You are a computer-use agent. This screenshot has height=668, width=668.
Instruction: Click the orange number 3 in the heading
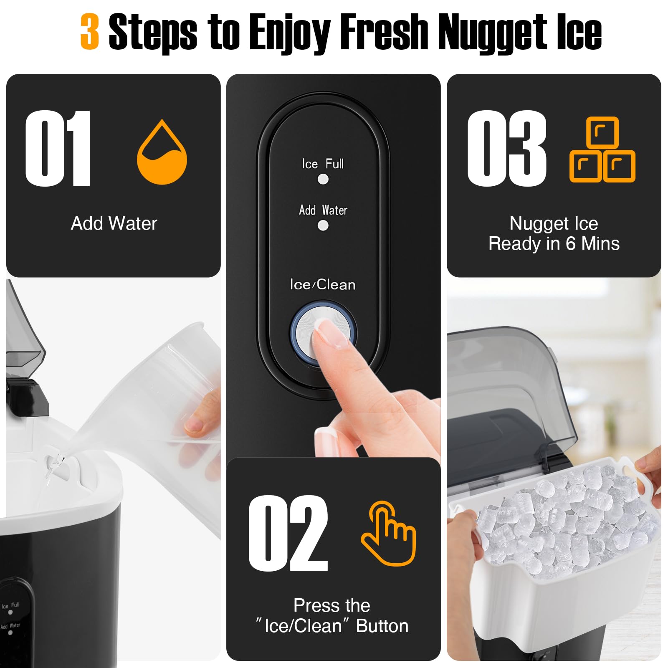click(x=90, y=31)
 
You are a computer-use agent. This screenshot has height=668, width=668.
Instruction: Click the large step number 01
click(x=58, y=148)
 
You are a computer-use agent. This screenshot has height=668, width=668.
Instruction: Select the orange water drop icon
click(x=162, y=154)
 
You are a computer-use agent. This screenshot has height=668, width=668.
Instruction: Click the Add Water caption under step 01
click(x=114, y=223)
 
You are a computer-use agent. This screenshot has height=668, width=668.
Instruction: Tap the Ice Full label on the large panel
click(x=323, y=164)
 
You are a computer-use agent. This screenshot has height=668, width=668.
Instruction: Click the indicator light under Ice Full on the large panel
click(x=323, y=179)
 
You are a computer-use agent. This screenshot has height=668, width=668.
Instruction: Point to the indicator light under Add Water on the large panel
click(x=323, y=225)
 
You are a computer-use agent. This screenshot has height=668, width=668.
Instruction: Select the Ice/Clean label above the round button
click(x=323, y=285)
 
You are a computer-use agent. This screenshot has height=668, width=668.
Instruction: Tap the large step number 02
click(x=288, y=533)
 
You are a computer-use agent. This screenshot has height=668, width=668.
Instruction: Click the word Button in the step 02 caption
click(x=382, y=626)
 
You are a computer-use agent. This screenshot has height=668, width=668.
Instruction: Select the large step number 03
click(x=506, y=148)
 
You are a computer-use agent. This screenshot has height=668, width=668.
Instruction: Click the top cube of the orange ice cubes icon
click(x=602, y=132)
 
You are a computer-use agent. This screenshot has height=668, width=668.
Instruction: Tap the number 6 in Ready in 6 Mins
click(x=571, y=243)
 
